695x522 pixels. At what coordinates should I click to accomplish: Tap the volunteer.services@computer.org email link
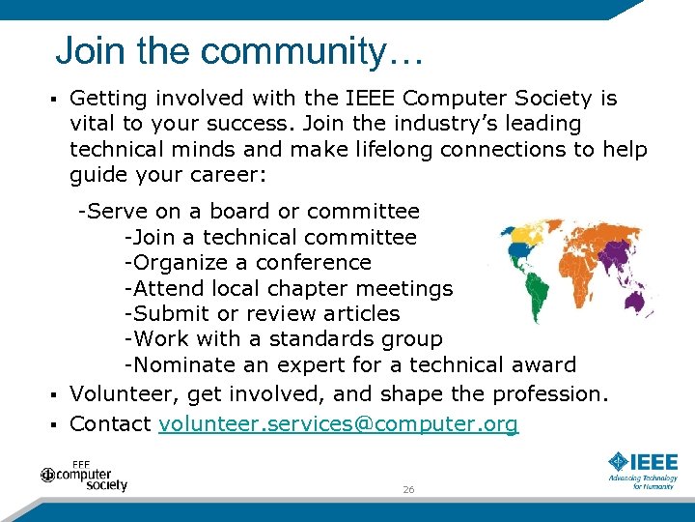pos(338,423)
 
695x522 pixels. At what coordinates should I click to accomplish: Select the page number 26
pos(408,490)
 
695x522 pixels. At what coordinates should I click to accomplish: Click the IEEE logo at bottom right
pos(643,470)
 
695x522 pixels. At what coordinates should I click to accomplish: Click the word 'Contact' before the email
pos(110,423)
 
